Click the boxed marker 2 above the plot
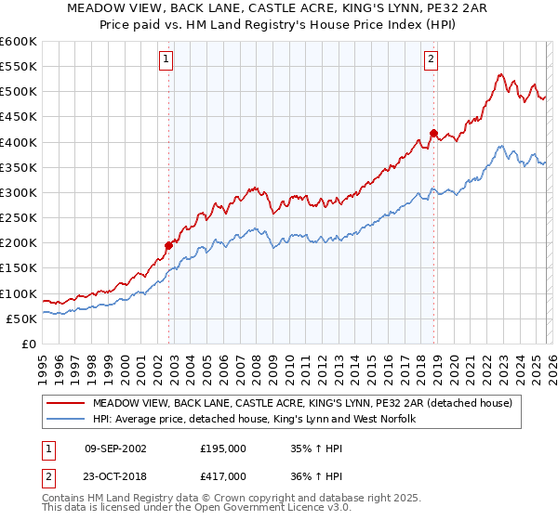click(432, 60)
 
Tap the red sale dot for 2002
click(169, 246)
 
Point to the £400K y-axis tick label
click(18, 142)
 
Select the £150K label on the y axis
click(18, 268)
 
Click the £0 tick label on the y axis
click(29, 344)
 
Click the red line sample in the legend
click(67, 404)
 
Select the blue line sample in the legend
click(67, 420)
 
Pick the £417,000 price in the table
click(223, 475)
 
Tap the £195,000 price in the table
click(223, 448)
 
